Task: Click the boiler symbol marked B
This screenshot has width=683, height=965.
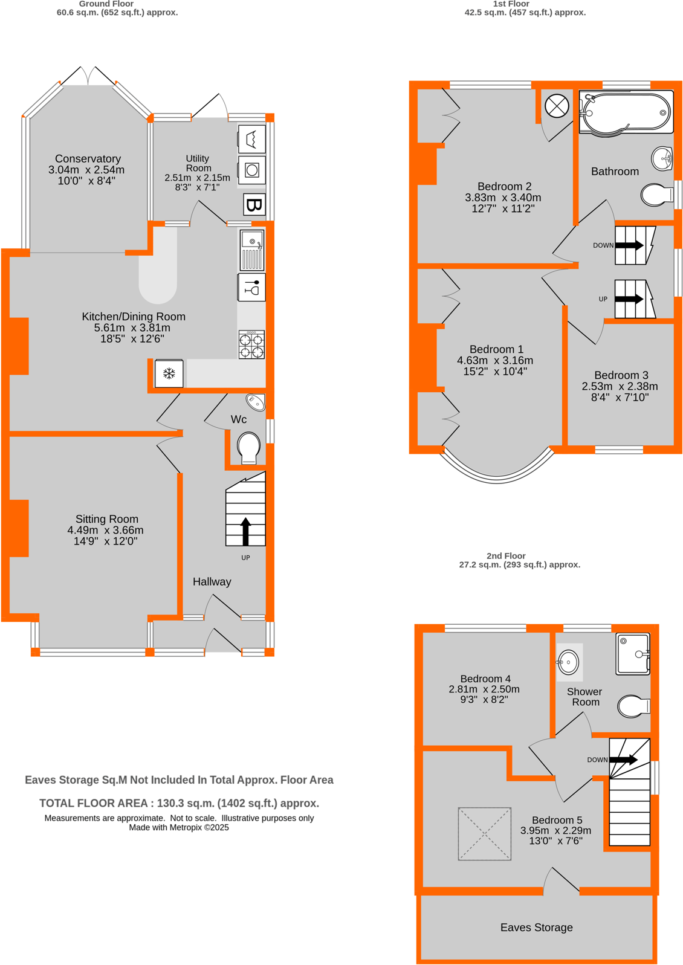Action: pyautogui.click(x=254, y=205)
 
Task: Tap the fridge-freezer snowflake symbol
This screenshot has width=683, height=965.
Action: pyautogui.click(x=169, y=373)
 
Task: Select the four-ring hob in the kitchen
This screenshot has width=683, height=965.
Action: pyautogui.click(x=251, y=345)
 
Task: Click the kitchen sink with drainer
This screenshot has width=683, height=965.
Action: pyautogui.click(x=252, y=250)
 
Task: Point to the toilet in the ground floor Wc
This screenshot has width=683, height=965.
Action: pyautogui.click(x=248, y=448)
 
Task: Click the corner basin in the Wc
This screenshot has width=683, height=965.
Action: pyautogui.click(x=256, y=402)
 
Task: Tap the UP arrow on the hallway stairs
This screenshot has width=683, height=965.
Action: pyautogui.click(x=245, y=531)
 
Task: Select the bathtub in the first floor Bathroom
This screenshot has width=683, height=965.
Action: pyautogui.click(x=626, y=112)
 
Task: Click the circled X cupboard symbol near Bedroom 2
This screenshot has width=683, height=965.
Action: pyautogui.click(x=557, y=106)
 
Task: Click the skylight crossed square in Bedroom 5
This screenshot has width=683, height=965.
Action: pyautogui.click(x=485, y=833)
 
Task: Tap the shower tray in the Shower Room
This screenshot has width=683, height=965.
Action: pyautogui.click(x=632, y=653)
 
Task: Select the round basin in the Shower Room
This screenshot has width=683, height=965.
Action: pyautogui.click(x=568, y=662)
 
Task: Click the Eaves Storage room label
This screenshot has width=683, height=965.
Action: pyautogui.click(x=536, y=927)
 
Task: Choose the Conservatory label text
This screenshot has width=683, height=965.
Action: pyautogui.click(x=88, y=158)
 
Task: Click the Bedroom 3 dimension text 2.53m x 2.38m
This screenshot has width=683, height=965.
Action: pyautogui.click(x=620, y=386)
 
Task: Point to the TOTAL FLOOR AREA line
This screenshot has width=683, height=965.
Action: pyautogui.click(x=179, y=803)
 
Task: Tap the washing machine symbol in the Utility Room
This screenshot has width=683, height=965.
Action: pyautogui.click(x=252, y=170)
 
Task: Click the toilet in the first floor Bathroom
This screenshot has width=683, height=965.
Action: pyautogui.click(x=656, y=195)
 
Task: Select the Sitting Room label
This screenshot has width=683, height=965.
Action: pyautogui.click(x=107, y=518)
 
